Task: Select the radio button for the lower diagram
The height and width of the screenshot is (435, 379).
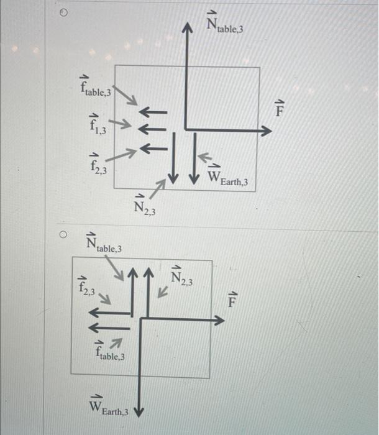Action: [63, 236]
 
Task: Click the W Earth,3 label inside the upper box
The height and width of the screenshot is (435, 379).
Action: [227, 176]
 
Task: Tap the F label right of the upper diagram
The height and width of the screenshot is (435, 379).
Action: [280, 110]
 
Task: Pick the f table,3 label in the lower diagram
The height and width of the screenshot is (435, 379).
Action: [110, 352]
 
